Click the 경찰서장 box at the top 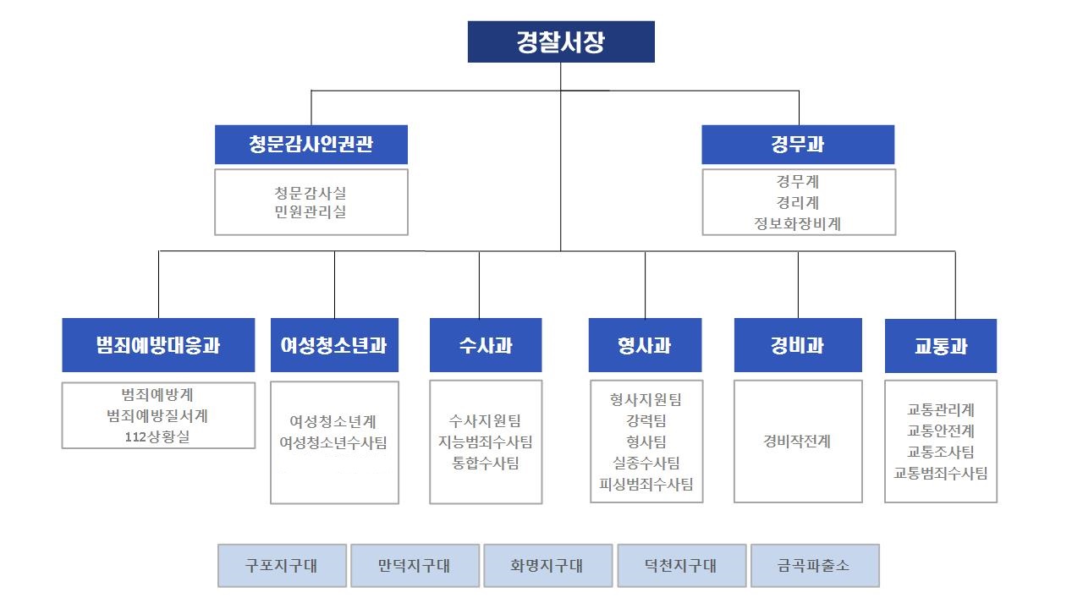click(x=561, y=42)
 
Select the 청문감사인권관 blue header click(x=311, y=145)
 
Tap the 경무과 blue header click(x=798, y=145)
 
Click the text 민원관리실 click(x=311, y=212)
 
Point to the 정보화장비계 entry click(x=798, y=224)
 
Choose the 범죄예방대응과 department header click(x=158, y=345)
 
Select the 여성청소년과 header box click(x=334, y=345)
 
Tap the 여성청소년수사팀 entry click(x=333, y=442)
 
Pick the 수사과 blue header click(x=486, y=345)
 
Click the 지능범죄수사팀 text click(x=486, y=442)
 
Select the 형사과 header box click(x=645, y=345)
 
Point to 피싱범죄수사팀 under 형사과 click(x=646, y=484)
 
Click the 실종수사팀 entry click(x=646, y=463)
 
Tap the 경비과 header click(x=798, y=345)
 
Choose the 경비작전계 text click(x=797, y=442)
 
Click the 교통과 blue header click(x=941, y=345)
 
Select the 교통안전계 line click(x=941, y=431)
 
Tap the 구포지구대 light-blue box click(x=282, y=566)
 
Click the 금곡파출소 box click(x=815, y=566)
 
